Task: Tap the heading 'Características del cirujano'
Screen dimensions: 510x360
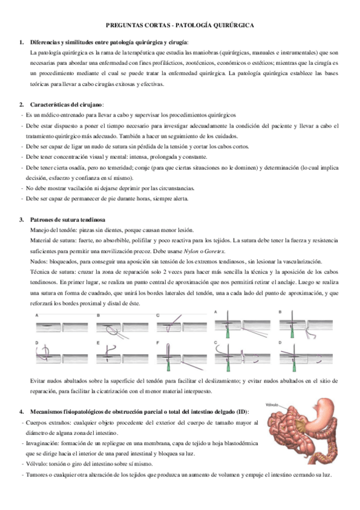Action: (67, 105)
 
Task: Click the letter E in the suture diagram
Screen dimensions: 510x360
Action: (98, 343)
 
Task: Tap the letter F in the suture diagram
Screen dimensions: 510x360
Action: (157, 343)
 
